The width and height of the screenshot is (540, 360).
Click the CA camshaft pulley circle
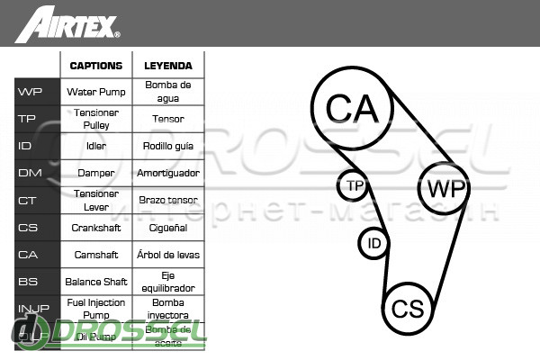click(x=352, y=109)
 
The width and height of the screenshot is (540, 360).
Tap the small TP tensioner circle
click(x=353, y=186)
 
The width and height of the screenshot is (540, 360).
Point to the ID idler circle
click(x=374, y=243)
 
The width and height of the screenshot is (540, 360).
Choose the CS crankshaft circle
click(x=408, y=309)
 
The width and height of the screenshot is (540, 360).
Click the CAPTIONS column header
click(x=95, y=66)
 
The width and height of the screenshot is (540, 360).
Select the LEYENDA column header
click(x=167, y=66)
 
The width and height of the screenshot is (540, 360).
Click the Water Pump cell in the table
click(x=95, y=92)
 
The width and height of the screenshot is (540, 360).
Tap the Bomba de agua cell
click(x=167, y=92)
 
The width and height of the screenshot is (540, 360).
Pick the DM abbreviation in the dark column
click(x=30, y=173)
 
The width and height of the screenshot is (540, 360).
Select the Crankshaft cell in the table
click(x=95, y=228)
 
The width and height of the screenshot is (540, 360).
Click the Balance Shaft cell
click(x=95, y=282)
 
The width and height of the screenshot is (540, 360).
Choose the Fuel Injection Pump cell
click(x=95, y=309)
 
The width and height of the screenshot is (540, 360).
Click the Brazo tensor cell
click(x=168, y=200)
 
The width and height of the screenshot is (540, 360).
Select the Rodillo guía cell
click(x=168, y=146)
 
